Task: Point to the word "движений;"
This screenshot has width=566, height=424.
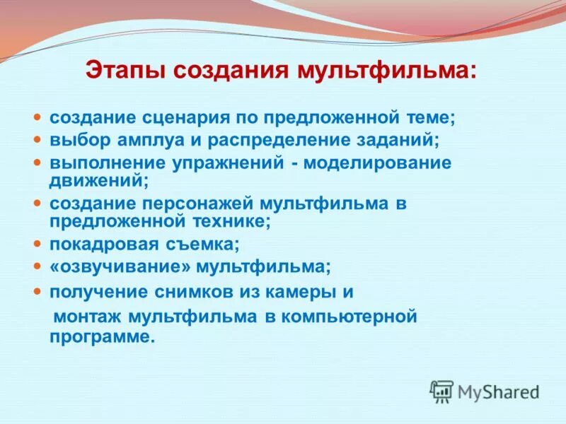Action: coord(99,180)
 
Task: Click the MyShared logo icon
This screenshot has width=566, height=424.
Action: coord(441,391)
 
